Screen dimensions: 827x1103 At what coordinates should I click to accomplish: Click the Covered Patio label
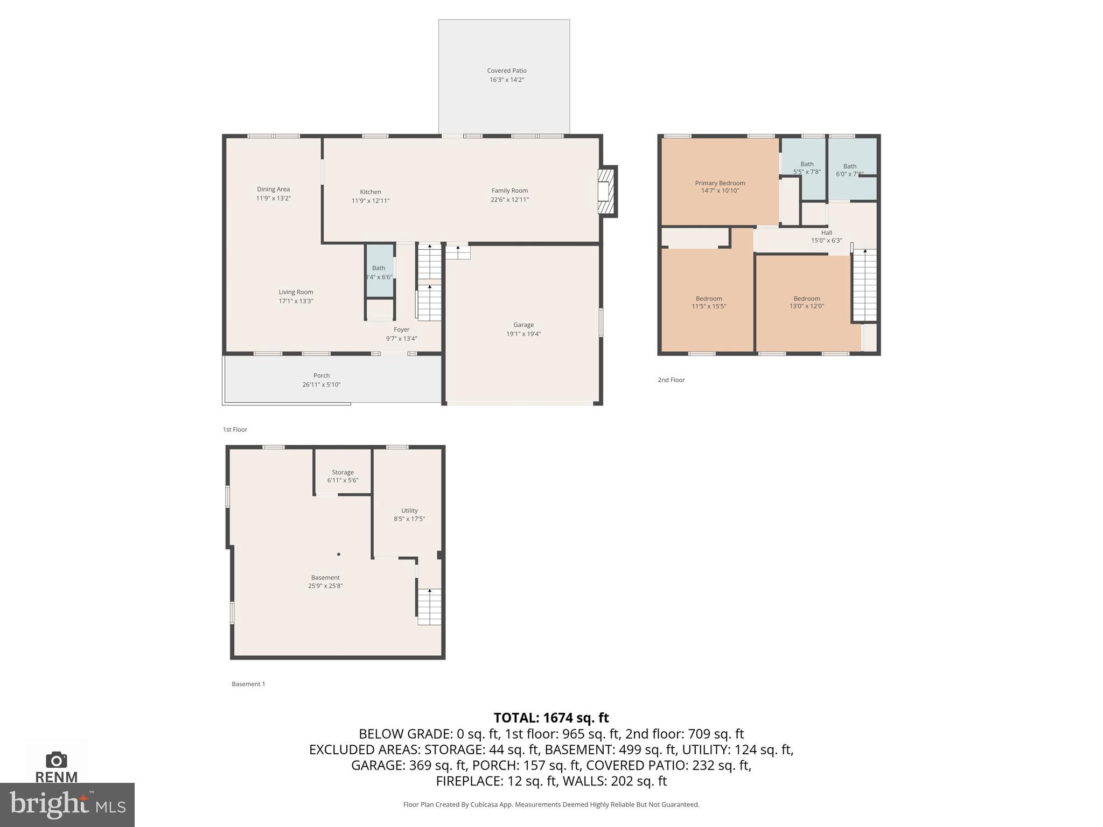point(506,71)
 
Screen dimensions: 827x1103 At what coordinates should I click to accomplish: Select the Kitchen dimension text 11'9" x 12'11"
point(371,201)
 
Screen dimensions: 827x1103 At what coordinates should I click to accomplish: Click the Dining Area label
point(273,189)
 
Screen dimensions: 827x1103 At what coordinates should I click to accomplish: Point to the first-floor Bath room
point(379,271)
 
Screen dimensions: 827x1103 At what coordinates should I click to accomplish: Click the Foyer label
point(401,330)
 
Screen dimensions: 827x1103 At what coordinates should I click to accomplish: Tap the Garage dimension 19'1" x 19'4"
point(523,334)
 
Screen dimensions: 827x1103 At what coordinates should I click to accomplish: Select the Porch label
point(322,375)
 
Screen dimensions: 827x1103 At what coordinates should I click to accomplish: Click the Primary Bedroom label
point(720,183)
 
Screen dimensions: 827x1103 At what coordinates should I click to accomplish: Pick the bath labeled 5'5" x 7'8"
point(806,168)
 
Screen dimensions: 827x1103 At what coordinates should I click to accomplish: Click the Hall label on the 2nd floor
point(826,233)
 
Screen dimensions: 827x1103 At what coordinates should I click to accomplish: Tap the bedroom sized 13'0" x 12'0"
point(806,302)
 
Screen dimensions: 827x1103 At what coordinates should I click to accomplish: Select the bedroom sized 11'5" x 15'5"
point(708,302)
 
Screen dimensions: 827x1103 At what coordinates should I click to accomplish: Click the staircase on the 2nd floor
point(864,285)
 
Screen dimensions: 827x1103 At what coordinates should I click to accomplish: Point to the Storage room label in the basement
point(343,472)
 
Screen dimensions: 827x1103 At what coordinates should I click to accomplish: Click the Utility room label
point(409,510)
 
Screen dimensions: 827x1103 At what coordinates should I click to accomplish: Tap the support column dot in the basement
point(339,554)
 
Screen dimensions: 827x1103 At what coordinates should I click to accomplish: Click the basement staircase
point(429,606)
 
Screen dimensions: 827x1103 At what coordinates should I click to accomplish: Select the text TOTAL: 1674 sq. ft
point(551,718)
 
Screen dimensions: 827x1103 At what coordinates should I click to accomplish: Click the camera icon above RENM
point(56,760)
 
